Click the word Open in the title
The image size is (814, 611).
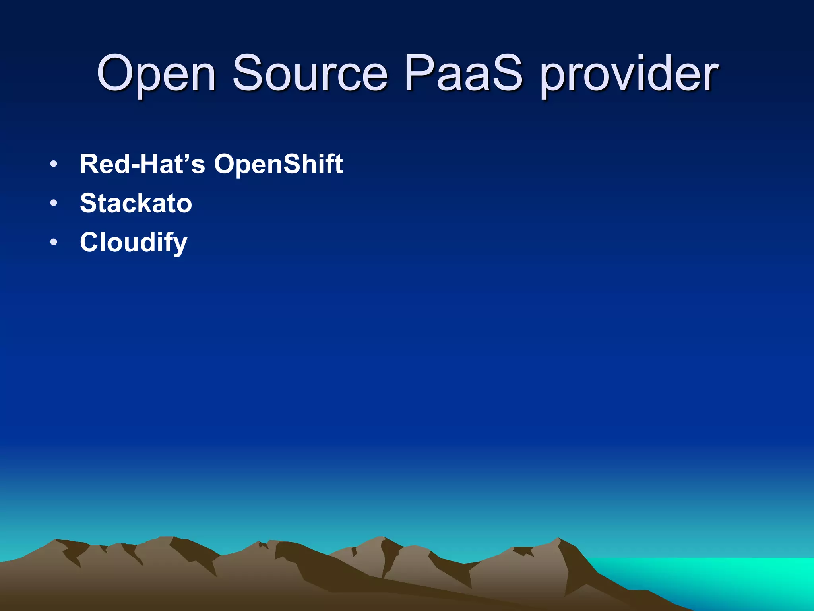click(156, 74)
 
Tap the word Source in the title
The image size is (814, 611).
click(310, 74)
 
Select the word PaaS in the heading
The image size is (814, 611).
click(463, 74)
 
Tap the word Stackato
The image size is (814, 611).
click(136, 203)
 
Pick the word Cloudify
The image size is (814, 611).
click(134, 243)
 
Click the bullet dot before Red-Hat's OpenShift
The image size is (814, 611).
click(54, 164)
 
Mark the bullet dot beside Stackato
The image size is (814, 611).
click(54, 203)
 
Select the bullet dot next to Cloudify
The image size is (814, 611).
click(54, 242)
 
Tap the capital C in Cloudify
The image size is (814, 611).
click(90, 242)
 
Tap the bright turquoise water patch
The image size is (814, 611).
click(715, 577)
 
